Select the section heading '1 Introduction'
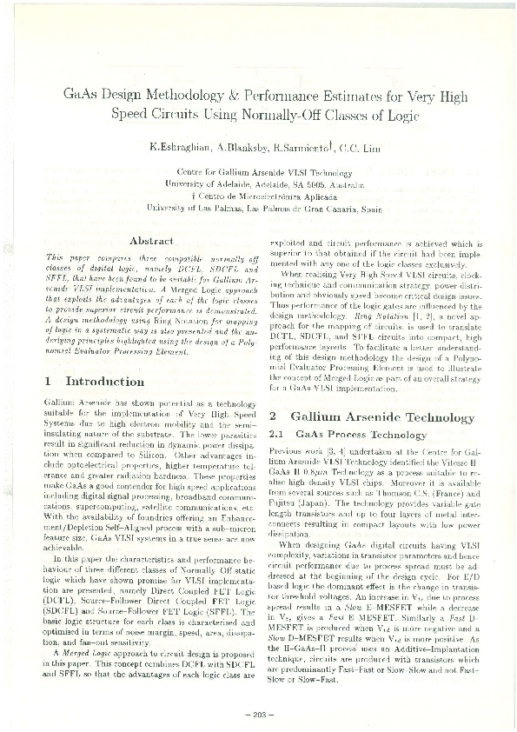(95, 381)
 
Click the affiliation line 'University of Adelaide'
(258, 185)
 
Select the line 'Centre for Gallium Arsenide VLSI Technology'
(258, 173)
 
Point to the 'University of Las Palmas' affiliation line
(258, 209)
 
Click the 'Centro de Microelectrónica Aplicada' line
(258, 197)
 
